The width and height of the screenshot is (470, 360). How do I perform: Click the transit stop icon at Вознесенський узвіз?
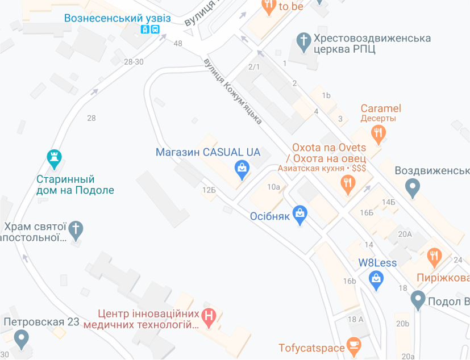point(150,30)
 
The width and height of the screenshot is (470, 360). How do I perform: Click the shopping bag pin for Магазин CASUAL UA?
point(242,168)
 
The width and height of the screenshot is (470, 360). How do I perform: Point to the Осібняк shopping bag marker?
point(300,215)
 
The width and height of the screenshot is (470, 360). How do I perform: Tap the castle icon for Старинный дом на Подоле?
point(55,159)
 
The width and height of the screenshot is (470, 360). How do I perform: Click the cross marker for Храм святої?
point(76,229)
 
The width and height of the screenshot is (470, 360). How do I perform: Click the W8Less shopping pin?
point(376,278)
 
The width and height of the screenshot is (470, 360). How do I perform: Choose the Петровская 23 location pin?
point(22,340)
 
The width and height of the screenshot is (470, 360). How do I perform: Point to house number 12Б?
point(209,190)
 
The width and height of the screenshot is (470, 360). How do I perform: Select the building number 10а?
point(274,187)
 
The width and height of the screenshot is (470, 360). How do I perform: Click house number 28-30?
point(134,62)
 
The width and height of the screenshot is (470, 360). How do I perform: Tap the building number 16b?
point(349,281)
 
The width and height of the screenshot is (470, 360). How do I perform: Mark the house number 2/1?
point(254,67)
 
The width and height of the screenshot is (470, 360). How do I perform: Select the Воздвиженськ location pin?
point(413,186)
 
